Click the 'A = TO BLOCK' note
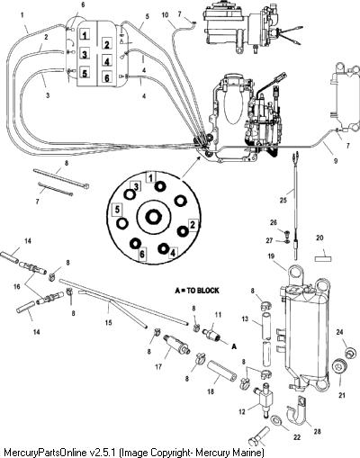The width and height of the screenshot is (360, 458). (x=197, y=291)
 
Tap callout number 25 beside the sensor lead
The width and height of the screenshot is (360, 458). (x=283, y=200)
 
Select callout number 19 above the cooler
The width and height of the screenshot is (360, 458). (x=271, y=256)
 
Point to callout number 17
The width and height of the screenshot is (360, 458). (x=158, y=366)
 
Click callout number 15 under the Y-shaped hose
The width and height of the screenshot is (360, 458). (x=108, y=322)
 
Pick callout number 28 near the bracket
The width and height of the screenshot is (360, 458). (x=317, y=431)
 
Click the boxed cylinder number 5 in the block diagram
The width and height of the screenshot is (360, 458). (x=85, y=73)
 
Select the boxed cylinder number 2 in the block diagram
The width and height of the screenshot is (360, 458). (x=107, y=45)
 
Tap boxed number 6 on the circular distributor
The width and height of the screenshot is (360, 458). (x=142, y=255)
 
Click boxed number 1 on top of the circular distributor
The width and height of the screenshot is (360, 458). (x=151, y=177)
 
